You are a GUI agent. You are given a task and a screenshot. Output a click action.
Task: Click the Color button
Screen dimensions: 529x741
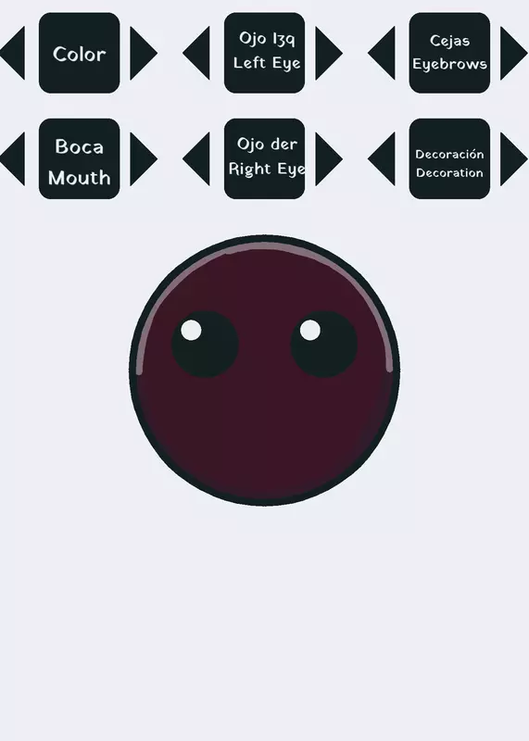click(80, 53)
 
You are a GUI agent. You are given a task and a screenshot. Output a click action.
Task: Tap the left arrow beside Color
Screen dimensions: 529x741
click(13, 53)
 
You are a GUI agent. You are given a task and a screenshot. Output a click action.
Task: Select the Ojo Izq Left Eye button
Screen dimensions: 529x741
click(264, 53)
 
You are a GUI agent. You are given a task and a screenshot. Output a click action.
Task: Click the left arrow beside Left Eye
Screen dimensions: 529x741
click(196, 53)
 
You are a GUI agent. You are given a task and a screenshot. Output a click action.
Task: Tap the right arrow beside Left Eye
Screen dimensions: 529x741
click(329, 53)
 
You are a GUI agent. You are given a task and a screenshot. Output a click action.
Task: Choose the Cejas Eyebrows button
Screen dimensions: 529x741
click(449, 53)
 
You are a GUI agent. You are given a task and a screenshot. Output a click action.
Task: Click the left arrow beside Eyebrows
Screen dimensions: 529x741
click(382, 53)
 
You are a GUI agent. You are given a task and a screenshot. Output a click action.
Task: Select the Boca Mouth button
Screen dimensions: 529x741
click(80, 158)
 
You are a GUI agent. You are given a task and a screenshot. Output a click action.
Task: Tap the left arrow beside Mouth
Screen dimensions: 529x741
click(13, 158)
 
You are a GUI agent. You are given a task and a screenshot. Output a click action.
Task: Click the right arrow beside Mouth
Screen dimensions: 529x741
click(144, 158)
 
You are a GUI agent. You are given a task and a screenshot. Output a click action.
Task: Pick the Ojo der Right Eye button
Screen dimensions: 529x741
click(264, 158)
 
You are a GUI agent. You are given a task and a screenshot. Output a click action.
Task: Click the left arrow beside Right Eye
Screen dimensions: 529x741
click(196, 158)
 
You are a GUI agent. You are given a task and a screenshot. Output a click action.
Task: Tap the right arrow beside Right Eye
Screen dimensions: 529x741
click(329, 158)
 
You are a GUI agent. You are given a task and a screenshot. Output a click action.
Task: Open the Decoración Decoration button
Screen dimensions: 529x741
click(449, 158)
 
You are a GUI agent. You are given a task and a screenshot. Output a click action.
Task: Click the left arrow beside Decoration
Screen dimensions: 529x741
click(382, 158)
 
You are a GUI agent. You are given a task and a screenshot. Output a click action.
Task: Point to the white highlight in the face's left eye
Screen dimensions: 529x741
click(191, 330)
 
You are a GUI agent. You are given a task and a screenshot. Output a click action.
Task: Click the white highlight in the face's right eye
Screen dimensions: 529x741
click(310, 330)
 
